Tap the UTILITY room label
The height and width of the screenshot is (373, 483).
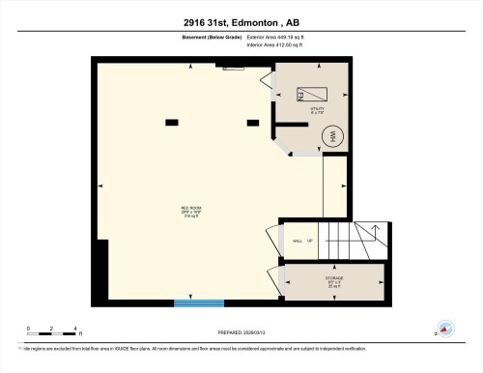pyautogui.click(x=316, y=111)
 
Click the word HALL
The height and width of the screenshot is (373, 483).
pyautogui.click(x=297, y=240)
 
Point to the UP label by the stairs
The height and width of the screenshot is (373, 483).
pyautogui.click(x=309, y=240)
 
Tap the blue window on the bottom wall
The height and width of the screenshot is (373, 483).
pyautogui.click(x=198, y=303)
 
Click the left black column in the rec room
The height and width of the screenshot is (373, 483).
pyautogui.click(x=171, y=122)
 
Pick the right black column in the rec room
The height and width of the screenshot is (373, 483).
pyautogui.click(x=253, y=122)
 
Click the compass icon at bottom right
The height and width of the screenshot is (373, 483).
pyautogui.click(x=445, y=329)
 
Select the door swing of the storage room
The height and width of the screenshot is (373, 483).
pyautogui.click(x=283, y=281)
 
